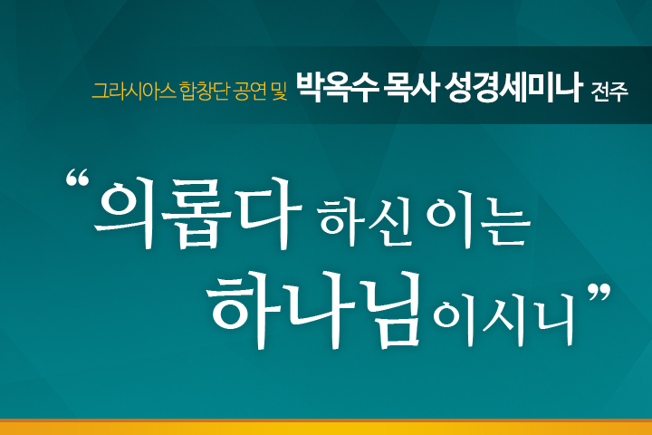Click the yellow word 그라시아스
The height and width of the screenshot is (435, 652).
pos(134,91)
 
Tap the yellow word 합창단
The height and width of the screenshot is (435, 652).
pos(204,91)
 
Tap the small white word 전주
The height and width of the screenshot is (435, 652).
pos(609,92)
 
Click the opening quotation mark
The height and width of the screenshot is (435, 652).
pos(77,178)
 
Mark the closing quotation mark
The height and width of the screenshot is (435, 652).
pos(599,293)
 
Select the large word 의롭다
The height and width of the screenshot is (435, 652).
pos(197,212)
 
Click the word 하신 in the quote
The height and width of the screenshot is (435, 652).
pos(366,222)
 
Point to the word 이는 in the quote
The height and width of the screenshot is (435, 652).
pos(478,222)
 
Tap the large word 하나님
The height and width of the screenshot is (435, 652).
pos(314,309)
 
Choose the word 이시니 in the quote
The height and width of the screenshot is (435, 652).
pos(503,319)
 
